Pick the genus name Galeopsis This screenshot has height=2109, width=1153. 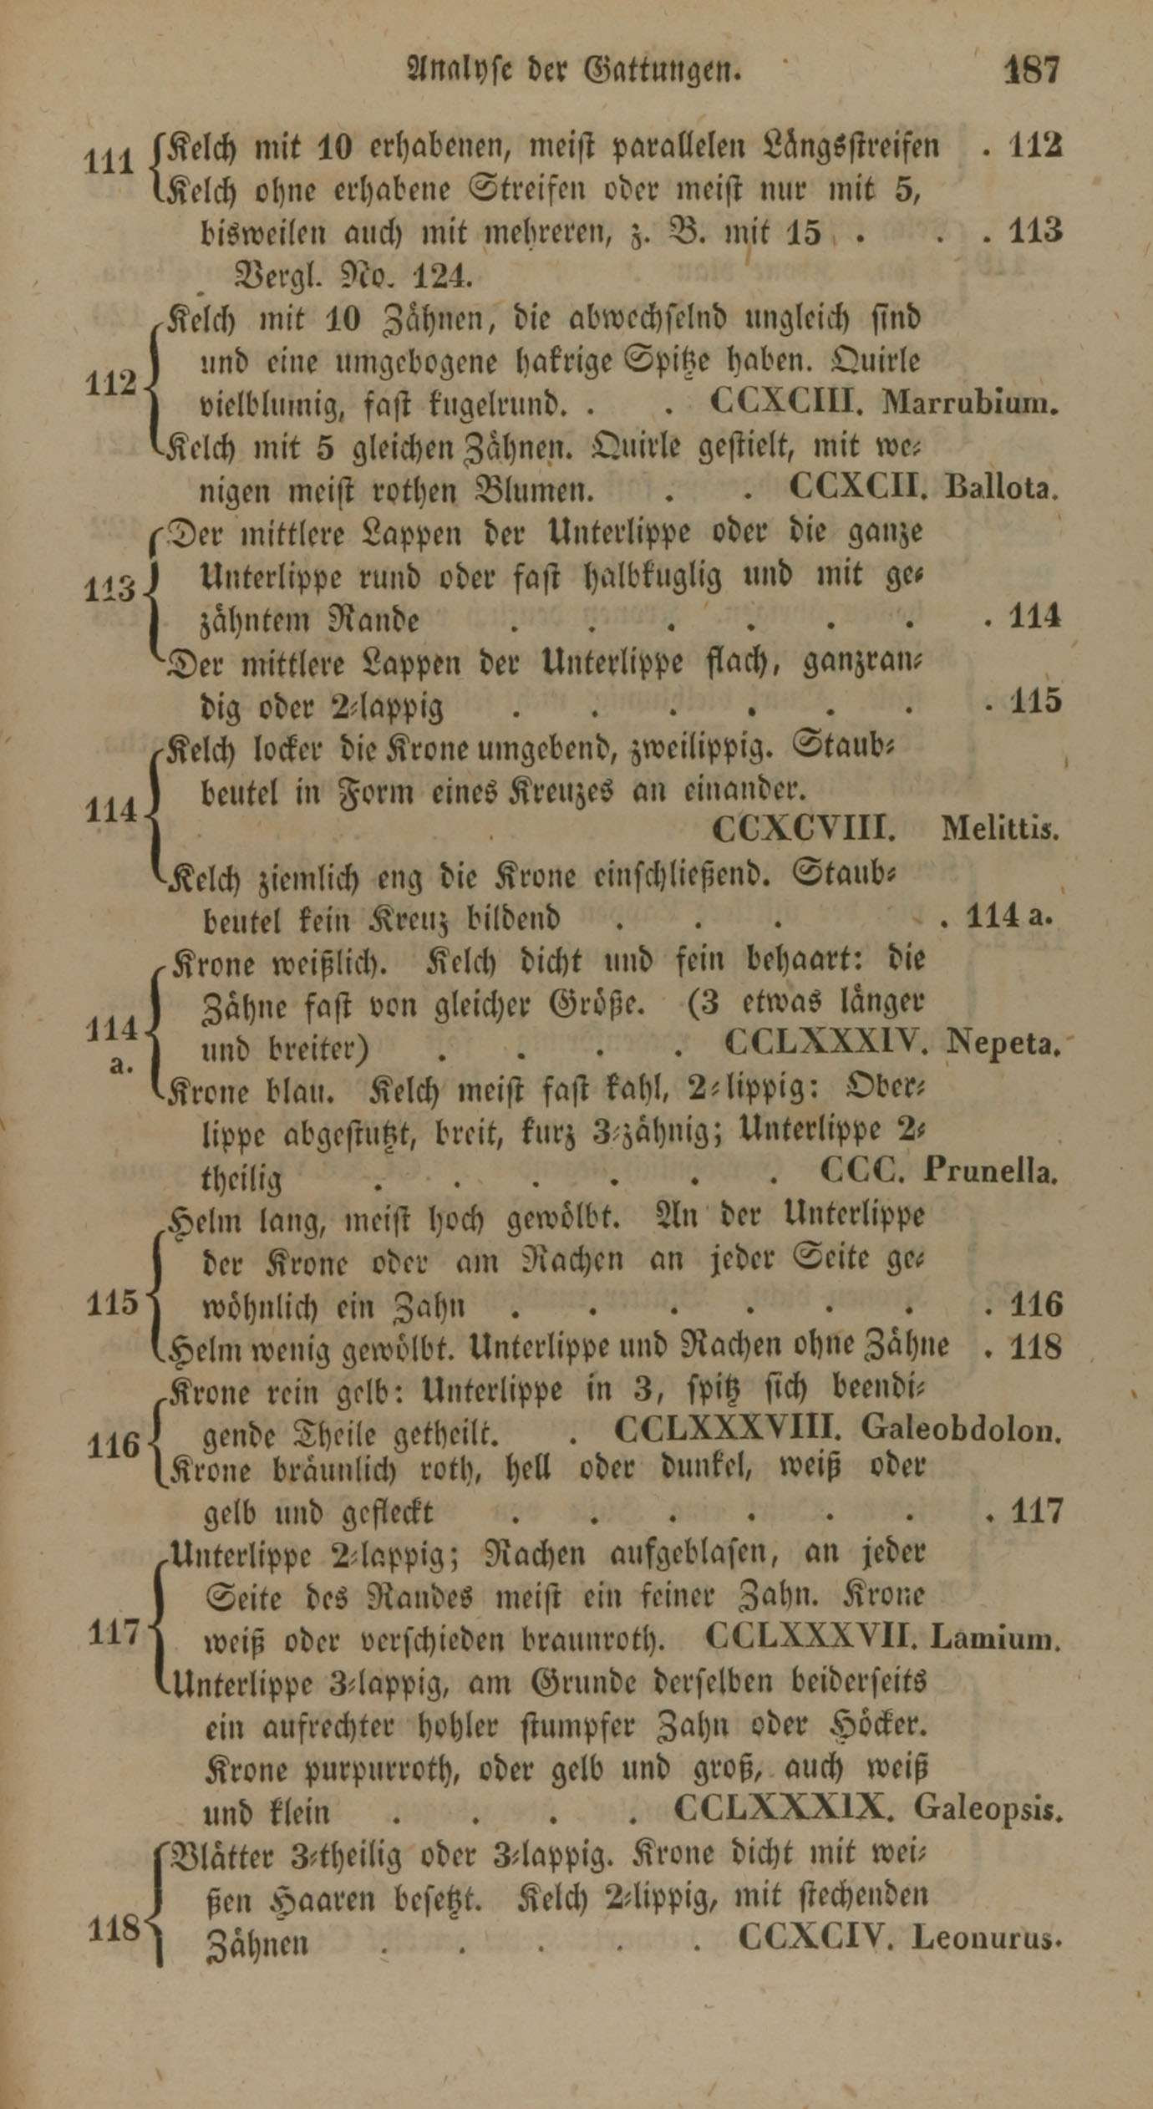coord(988,1809)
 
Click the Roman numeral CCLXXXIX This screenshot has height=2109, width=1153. coord(785,1809)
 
